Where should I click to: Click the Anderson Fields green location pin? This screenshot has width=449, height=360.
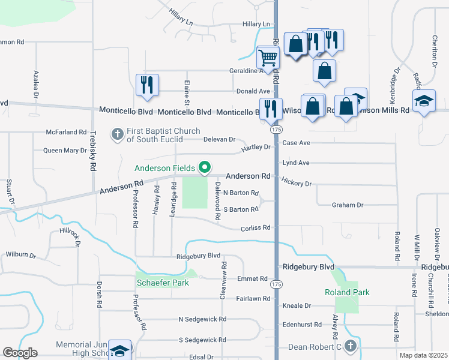click(205, 167)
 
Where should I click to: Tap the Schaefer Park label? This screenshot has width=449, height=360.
click(161, 282)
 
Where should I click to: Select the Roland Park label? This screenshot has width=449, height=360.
click(347, 292)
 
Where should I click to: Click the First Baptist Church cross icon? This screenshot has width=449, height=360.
click(117, 134)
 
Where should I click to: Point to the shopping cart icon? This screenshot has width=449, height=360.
click(268, 58)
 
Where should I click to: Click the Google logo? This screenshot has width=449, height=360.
click(20, 353)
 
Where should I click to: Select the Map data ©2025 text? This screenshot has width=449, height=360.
click(423, 355)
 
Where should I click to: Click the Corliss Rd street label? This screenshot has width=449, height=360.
click(256, 227)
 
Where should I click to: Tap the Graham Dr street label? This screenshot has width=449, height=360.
click(348, 205)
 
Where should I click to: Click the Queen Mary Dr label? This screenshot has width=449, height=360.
click(61, 151)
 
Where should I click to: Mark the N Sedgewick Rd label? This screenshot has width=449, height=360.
click(202, 320)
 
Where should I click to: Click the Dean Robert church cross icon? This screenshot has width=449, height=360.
click(351, 346)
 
